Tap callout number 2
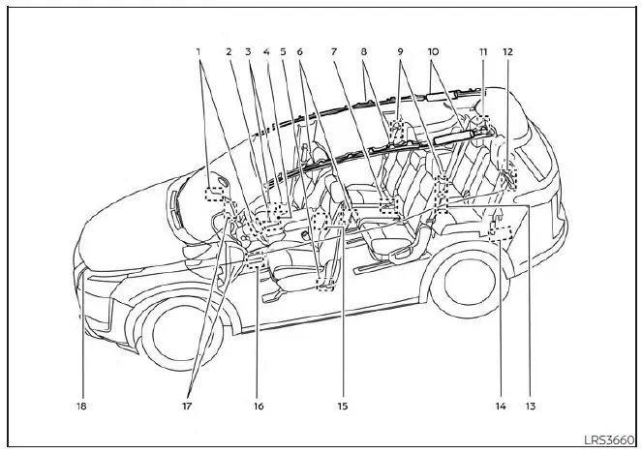point(229,50)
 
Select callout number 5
point(283,50)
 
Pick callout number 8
point(362,50)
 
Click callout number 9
point(400,50)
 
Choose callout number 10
point(432,50)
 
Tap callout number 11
point(481,50)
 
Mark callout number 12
point(507,50)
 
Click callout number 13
point(530,407)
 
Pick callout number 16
point(258,407)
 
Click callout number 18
point(83,407)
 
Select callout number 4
point(265,50)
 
